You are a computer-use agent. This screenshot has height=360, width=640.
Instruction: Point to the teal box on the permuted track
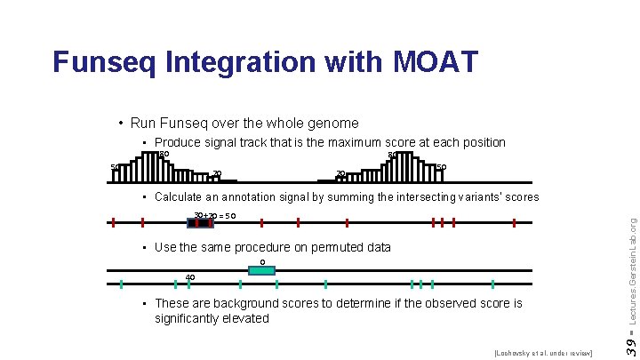coord(261,270)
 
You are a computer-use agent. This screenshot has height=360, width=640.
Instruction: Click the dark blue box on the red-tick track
coord(201,222)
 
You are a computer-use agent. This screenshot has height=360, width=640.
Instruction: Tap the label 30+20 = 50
coord(214,216)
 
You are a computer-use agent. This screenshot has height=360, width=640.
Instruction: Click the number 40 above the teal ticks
coord(190,277)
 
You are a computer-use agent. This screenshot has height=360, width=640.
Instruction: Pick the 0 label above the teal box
coord(261,261)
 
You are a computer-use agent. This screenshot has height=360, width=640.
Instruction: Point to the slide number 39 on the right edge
coord(628,342)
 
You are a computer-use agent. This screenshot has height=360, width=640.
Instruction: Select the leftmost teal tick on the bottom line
coord(121,284)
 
